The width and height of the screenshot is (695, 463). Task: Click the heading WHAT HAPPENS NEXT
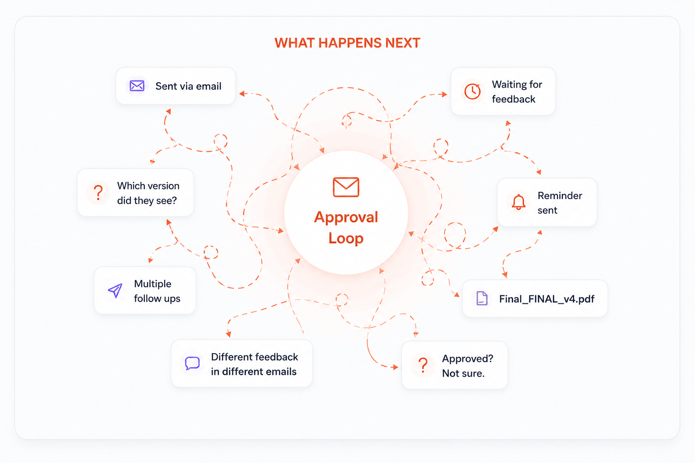pos(347,43)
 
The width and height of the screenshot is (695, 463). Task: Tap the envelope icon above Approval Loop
pos(346,187)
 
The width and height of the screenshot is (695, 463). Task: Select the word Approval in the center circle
pos(346,217)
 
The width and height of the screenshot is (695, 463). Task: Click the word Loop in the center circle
pos(346,238)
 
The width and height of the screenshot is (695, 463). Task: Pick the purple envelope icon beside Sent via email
pos(137,85)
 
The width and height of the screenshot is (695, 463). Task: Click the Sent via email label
pos(188,86)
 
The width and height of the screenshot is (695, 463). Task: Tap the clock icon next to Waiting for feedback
pos(472,91)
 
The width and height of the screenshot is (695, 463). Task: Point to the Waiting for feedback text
pos(517,91)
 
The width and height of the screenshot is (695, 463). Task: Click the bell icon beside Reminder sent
pos(519,202)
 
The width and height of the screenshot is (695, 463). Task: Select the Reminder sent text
pos(560,203)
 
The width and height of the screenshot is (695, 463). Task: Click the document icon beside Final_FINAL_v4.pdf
pos(482,298)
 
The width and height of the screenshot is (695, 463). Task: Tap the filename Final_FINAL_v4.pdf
pos(547,298)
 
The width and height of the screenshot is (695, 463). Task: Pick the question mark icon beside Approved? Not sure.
pos(423,365)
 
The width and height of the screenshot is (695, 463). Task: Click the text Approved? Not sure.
pos(467,366)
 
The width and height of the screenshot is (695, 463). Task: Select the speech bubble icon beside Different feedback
pos(192,363)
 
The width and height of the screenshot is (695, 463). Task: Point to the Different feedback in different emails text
pos(254,364)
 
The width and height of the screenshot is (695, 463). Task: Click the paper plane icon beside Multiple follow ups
pos(115,290)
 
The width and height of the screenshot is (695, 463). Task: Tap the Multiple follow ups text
pos(157,291)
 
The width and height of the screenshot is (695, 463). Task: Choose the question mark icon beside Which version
pos(98,192)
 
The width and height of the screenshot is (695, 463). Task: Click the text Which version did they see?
pos(148,193)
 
